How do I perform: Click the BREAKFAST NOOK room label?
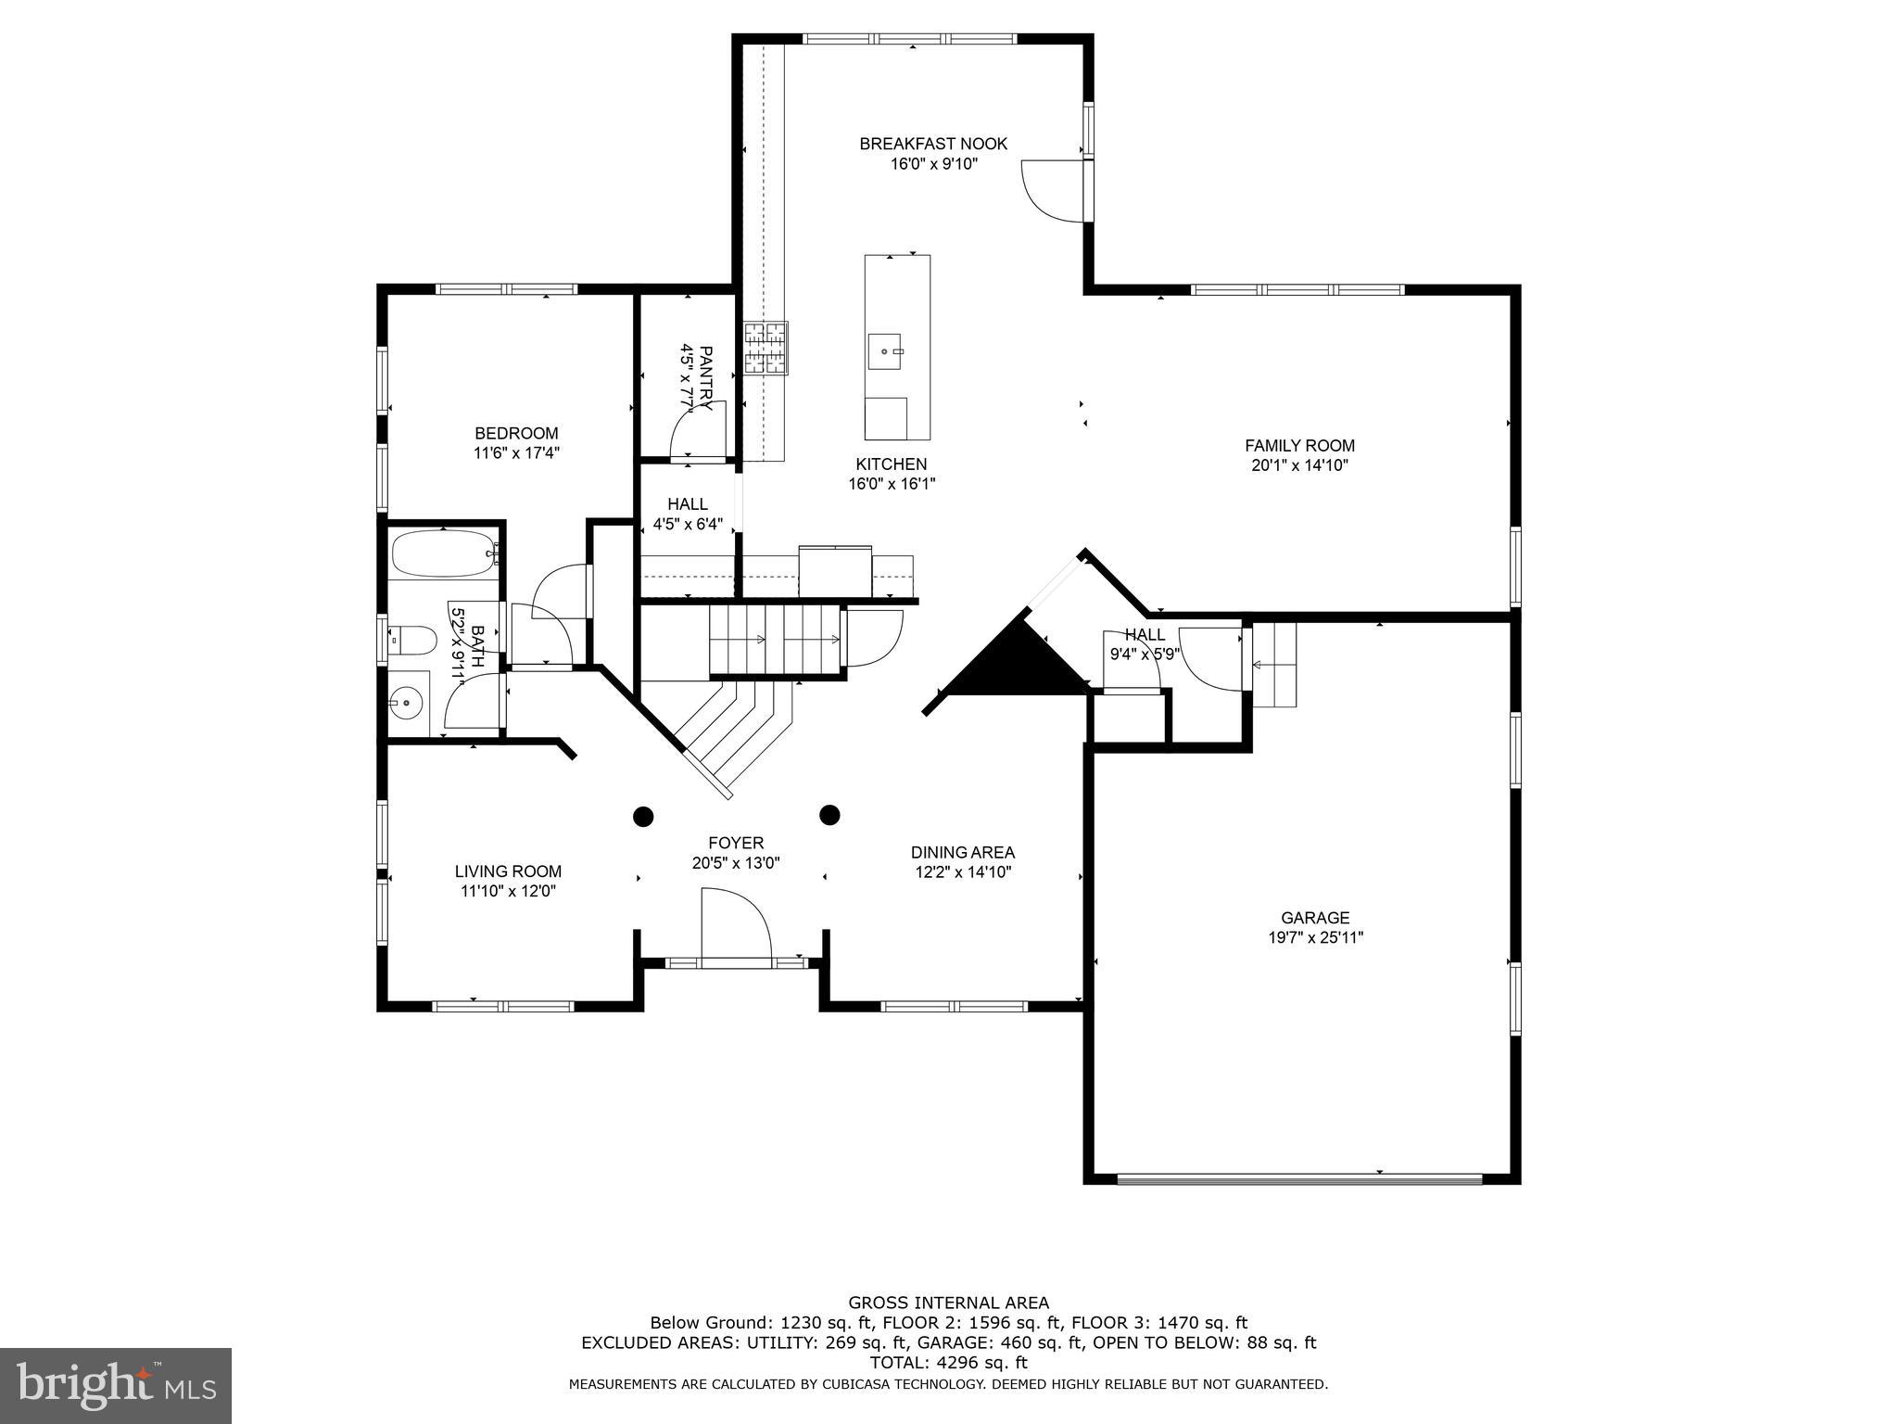[x=932, y=144]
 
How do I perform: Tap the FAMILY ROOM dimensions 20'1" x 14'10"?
[x=1299, y=466]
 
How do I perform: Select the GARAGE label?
[x=1315, y=918]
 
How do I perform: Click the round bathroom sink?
[x=407, y=703]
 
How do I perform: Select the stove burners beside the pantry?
[x=766, y=349]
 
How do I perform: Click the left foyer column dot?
[x=643, y=816]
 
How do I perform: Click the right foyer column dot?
[x=829, y=815]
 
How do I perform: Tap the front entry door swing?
[x=734, y=927]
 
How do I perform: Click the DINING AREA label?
[x=962, y=852]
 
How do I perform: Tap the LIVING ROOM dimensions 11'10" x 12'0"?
[x=508, y=891]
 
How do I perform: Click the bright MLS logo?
[x=115, y=1385]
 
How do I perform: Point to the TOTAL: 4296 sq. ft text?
[x=948, y=1363]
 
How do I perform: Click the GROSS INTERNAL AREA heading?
[x=948, y=1303]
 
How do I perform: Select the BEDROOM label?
[x=516, y=433]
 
